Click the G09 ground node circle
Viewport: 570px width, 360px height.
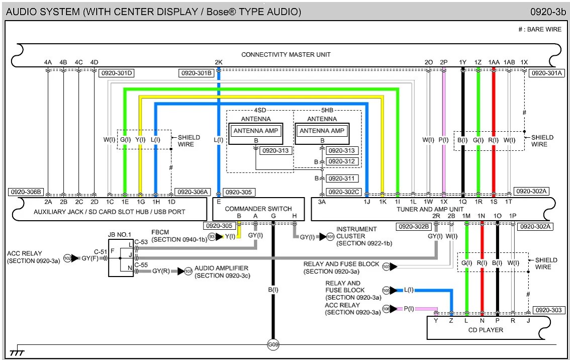[273, 344]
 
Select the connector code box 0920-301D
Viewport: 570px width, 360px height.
[116, 73]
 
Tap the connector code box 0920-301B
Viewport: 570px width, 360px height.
[197, 73]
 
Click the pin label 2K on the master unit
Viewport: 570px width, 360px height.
[219, 62]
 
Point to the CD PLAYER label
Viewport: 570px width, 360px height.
[486, 330]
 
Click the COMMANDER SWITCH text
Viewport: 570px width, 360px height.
[258, 209]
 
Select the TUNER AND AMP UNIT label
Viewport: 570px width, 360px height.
[430, 209]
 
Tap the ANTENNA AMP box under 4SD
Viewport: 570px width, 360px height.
[256, 131]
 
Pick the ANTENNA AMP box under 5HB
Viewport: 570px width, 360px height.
[322, 131]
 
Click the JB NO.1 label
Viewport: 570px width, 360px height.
[120, 234]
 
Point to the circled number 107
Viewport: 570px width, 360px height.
[188, 272]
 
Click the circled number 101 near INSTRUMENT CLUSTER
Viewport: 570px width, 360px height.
[330, 237]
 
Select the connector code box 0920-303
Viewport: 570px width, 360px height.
[548, 310]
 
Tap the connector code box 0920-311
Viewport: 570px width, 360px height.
[341, 178]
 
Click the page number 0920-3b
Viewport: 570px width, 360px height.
[548, 12]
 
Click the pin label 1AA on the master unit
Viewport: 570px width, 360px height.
[494, 62]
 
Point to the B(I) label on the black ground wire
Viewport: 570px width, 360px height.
[273, 290]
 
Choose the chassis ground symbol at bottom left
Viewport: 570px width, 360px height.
[17, 351]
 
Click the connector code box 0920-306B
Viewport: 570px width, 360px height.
[26, 192]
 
